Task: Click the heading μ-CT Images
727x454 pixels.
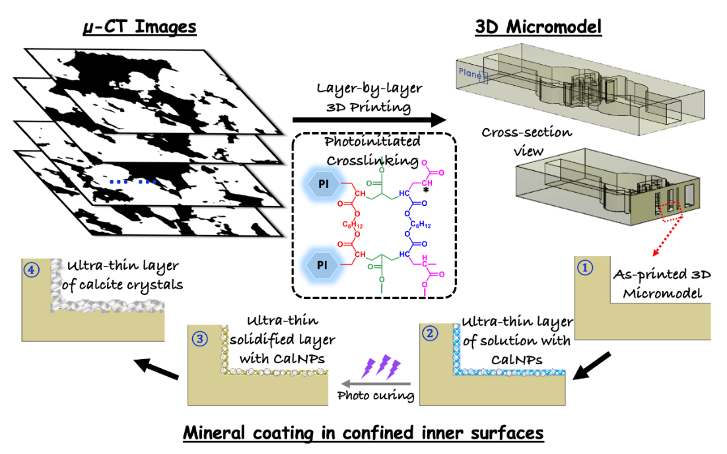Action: [139, 26]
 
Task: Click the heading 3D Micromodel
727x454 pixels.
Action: [538, 26]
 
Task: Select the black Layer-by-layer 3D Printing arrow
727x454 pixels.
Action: [369, 119]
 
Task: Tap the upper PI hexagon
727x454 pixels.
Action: [324, 183]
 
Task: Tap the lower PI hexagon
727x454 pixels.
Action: [322, 265]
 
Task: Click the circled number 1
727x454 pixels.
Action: [585, 267]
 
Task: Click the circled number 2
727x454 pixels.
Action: [430, 333]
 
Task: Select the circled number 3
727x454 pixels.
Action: [200, 339]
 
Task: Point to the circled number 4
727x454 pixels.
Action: [31, 269]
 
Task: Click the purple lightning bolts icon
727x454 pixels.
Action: [382, 366]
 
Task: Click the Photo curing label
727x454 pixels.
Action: [376, 396]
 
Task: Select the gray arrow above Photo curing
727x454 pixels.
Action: [376, 383]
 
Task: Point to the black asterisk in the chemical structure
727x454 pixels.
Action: [426, 190]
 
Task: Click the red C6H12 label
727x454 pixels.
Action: [353, 224]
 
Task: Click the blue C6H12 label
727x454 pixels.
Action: [421, 224]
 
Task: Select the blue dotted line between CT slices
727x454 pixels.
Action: [133, 182]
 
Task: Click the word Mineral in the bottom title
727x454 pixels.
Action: [214, 433]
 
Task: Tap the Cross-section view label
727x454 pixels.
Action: [527, 141]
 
